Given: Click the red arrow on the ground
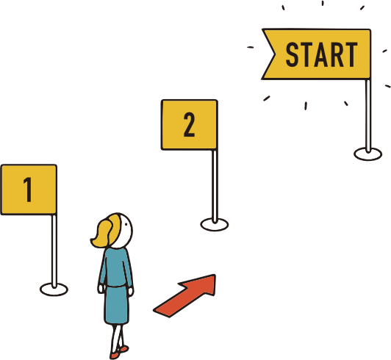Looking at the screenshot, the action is tap(185, 296).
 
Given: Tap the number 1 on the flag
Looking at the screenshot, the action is tap(28, 190).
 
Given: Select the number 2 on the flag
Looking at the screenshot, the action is tap(190, 124).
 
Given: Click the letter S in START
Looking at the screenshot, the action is tap(292, 54).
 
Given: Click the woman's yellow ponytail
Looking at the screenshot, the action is tap(102, 234).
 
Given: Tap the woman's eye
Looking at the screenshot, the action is tap(126, 224).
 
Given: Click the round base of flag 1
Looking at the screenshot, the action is tap(54, 289).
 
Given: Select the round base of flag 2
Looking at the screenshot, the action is tap(215, 224).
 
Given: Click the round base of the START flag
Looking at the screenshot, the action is tap(367, 154).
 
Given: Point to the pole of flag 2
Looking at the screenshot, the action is tap(215, 186).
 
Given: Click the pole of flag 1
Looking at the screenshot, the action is tap(54, 251).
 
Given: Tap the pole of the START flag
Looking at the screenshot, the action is tap(368, 115).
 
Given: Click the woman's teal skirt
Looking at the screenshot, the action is tap(117, 305).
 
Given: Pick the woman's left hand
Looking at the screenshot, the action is tap(101, 289).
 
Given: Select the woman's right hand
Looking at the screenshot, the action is tap(131, 291).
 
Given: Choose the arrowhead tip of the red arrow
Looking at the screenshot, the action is tap(215, 275).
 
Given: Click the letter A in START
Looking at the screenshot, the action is tap(321, 54).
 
